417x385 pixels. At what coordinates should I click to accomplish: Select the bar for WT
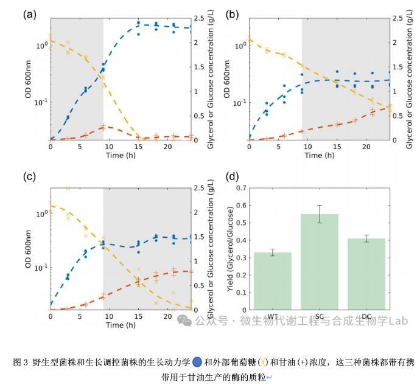click(273, 280)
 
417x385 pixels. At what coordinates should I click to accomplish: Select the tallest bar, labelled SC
click(320, 262)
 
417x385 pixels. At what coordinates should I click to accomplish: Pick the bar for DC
click(366, 274)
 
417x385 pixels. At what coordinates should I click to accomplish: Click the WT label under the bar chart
click(273, 317)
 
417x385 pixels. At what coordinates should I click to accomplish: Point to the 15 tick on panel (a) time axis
click(138, 147)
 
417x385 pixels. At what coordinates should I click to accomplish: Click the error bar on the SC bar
click(320, 214)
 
